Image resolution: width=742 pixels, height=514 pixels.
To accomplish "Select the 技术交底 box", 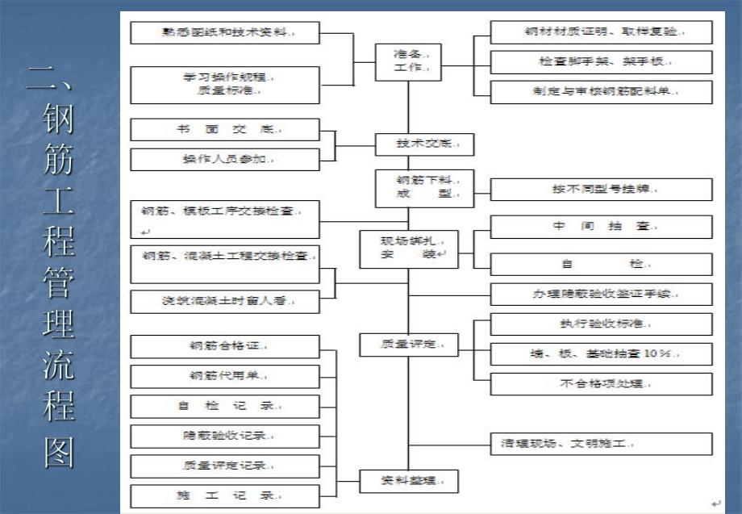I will coord(423,144).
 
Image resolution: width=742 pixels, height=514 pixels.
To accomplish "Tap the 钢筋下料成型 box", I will coord(423,187).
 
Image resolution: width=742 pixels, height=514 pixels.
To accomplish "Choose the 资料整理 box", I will coord(408,482).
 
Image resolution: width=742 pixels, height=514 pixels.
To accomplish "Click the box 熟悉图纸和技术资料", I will coord(225,33).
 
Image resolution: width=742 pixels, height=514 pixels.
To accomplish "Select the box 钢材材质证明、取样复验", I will coord(601,33).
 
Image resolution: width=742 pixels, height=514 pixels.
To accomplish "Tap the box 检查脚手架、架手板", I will coord(601,62).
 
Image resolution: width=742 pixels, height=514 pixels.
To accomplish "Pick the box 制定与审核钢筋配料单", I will coord(601,92).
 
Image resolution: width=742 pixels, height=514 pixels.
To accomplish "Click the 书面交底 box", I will coord(225,130).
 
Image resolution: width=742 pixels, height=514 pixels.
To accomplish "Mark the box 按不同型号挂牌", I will coord(601,190).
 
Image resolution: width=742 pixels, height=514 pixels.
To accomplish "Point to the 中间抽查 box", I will coord(601,227).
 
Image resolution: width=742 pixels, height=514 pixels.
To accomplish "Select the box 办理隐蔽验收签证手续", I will coord(601,294).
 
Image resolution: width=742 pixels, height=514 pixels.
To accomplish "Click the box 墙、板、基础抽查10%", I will coord(601,353).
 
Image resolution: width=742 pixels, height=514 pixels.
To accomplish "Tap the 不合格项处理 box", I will coord(601,383).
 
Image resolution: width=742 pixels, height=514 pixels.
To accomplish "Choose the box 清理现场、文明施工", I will coord(601,444).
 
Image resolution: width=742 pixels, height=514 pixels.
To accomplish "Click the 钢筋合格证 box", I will coord(225,346).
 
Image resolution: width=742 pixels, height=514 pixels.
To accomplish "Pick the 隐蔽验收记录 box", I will coord(225,436).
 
